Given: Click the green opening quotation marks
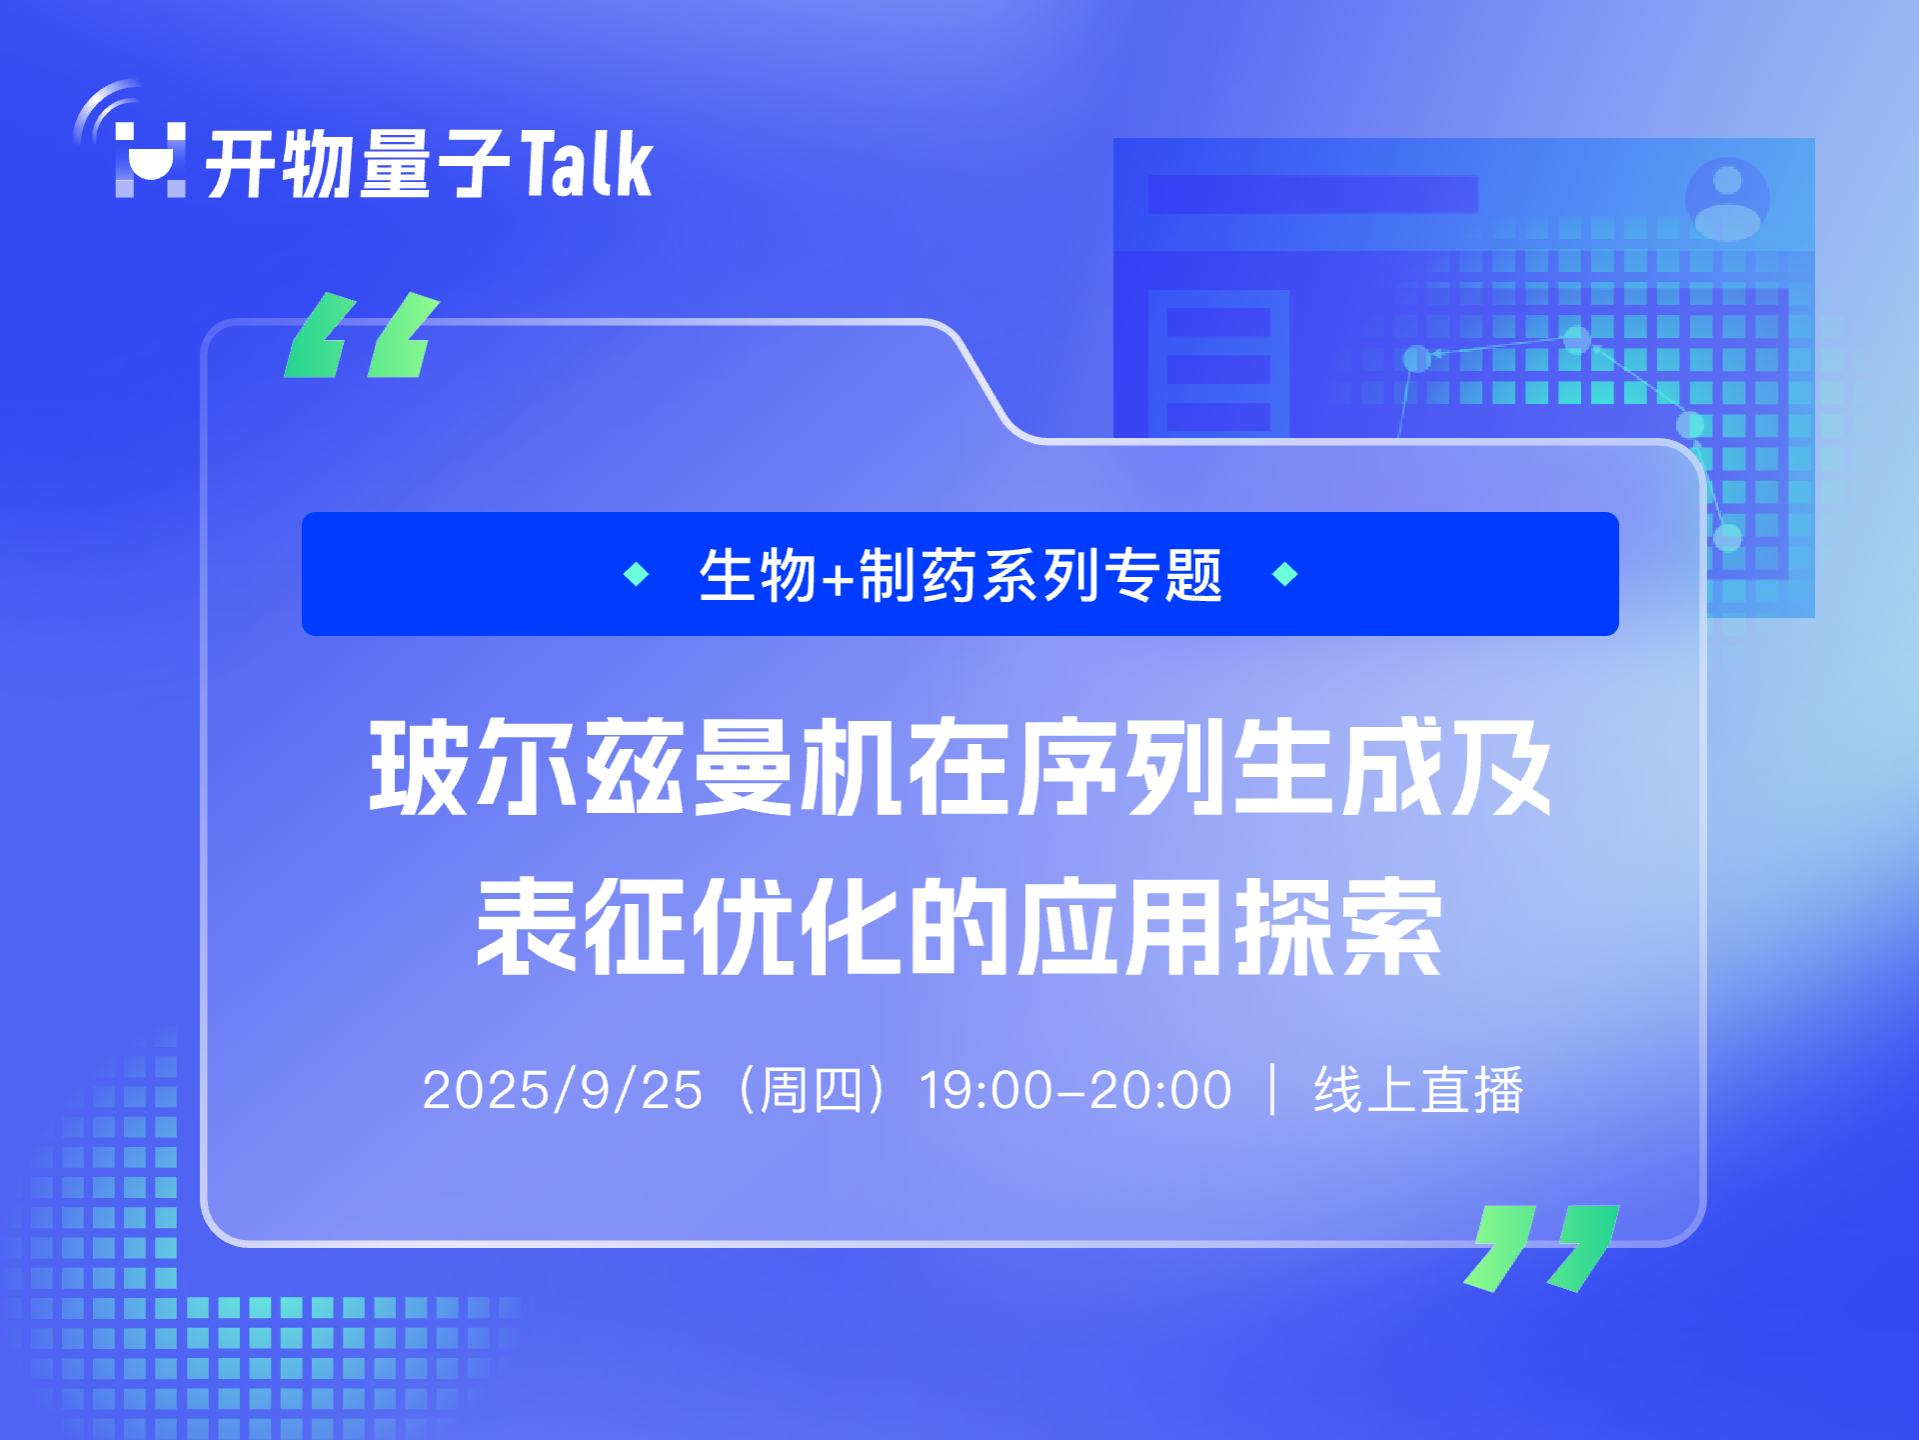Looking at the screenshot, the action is click(362, 335).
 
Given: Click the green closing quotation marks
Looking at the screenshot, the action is click(1541, 1248).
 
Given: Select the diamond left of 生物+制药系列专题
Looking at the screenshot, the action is click(636, 574).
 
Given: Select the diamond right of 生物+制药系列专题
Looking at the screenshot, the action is click(1285, 574).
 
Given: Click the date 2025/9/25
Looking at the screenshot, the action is click(563, 1090).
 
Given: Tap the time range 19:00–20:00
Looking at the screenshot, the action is click(1075, 1090).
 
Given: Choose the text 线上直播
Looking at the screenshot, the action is click(1419, 1090).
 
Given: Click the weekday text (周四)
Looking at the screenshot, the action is click(812, 1090).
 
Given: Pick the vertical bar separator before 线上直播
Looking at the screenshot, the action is click(1272, 1090).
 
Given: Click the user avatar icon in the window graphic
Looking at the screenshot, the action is click(1727, 198).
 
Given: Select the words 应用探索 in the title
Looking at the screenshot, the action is click(1230, 927).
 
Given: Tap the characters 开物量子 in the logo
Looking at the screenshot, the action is click(358, 163).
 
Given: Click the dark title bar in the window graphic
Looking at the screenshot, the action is click(1312, 194).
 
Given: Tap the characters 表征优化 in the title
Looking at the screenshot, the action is click(689, 927).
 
